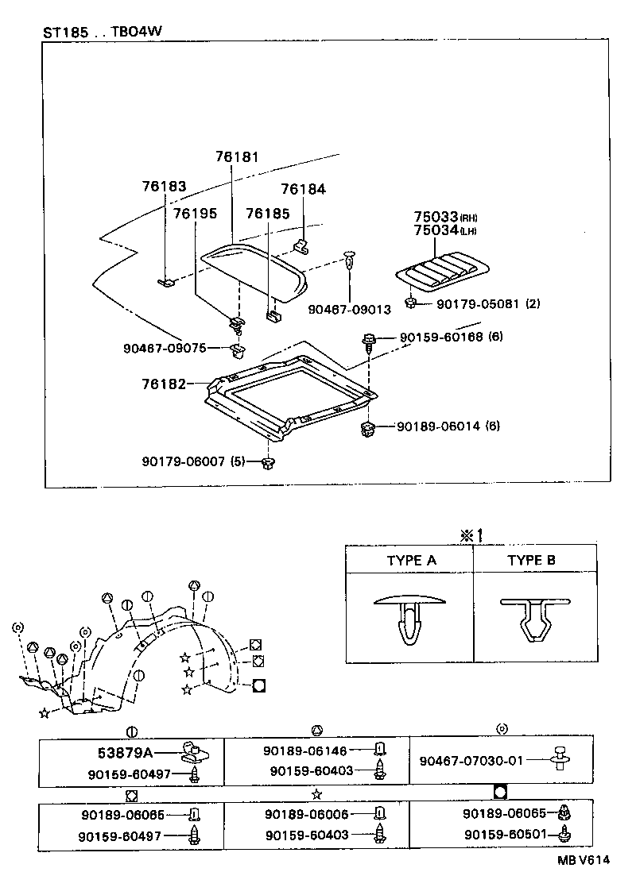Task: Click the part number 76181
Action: [236, 158]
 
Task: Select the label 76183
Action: [164, 187]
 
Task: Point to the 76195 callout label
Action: [195, 214]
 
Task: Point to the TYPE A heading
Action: [411, 560]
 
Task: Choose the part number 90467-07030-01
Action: [471, 761]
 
